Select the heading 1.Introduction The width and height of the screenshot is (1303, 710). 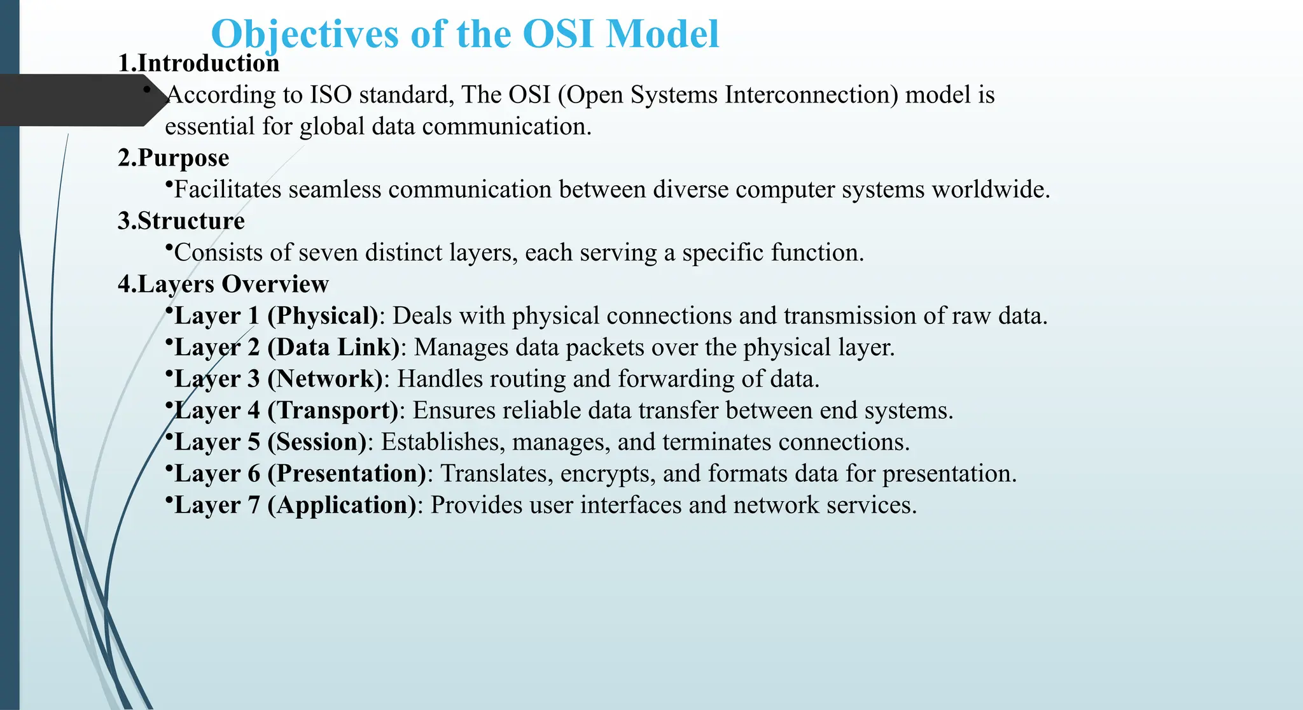199,63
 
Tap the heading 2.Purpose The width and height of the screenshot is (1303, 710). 174,158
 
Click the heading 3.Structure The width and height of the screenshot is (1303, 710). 181,221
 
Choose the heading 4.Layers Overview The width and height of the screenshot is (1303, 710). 223,284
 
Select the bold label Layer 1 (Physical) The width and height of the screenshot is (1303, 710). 276,316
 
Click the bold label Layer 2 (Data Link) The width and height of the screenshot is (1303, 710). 287,348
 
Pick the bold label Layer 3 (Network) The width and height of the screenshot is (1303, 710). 279,379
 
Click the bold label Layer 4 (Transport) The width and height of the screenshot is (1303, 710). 286,411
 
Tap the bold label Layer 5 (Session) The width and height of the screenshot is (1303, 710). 270,442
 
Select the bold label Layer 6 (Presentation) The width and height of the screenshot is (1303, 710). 300,474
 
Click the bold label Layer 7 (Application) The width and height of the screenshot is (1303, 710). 295,505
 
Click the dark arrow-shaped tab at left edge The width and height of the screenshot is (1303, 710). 76,100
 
